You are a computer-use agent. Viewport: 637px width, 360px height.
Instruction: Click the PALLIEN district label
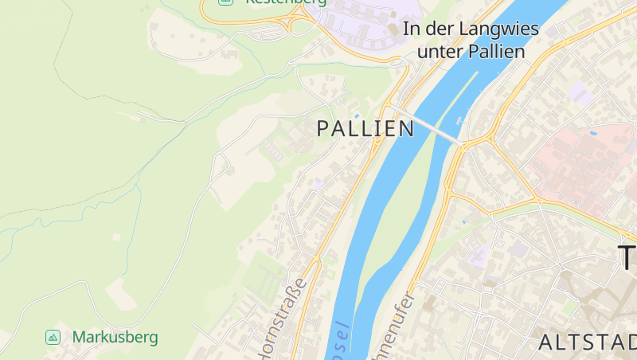coord(365,128)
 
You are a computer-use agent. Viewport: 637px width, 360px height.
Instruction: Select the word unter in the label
coord(440,52)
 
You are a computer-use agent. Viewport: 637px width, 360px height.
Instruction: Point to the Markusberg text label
coord(115,337)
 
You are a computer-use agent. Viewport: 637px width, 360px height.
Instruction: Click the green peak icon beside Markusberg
coord(53,337)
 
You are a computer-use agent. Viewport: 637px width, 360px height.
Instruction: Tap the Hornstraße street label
coord(279,319)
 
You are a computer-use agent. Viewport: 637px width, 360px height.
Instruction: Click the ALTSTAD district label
coord(588,343)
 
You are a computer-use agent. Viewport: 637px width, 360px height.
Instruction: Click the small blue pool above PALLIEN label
coord(357,116)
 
